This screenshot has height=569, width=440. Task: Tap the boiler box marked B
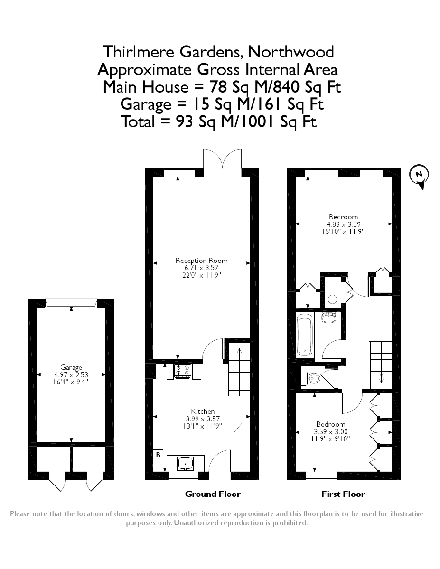(158, 454)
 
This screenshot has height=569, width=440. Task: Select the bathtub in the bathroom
(304, 334)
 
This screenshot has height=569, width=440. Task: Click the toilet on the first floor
(313, 378)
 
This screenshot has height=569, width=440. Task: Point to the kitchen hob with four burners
(183, 371)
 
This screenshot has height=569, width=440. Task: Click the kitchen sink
(186, 462)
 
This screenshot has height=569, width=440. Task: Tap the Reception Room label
(201, 260)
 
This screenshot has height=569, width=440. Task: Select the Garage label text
(71, 367)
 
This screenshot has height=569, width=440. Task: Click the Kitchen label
(203, 411)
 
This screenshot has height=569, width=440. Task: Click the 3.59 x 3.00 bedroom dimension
(331, 431)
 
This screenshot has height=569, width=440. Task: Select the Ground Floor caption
(213, 494)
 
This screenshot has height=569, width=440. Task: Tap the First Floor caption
(343, 494)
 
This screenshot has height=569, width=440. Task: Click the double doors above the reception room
(222, 159)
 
